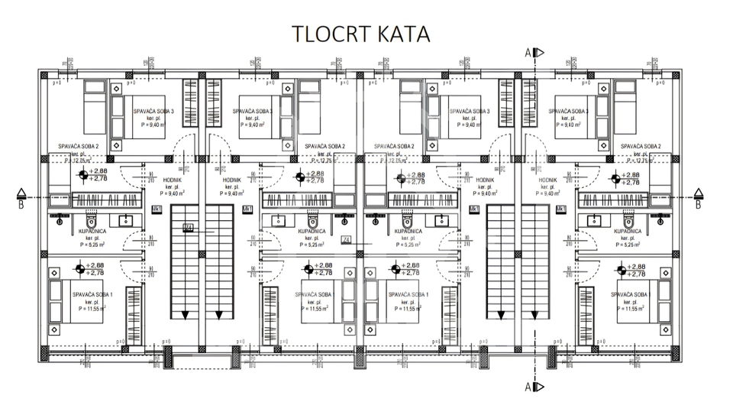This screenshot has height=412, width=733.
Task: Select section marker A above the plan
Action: coord(533,52)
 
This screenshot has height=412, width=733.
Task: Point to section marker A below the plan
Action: coord(533,387)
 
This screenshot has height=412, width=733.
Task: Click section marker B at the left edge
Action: coord(22,198)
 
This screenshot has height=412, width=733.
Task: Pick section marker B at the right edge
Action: coord(697,198)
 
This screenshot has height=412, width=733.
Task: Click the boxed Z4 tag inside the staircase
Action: coord(189,227)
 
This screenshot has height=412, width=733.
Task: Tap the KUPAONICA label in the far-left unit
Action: coord(92,230)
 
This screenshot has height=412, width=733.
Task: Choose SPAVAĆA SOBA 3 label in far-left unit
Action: coord(153,112)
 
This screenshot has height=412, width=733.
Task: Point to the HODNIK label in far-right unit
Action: coord(547,180)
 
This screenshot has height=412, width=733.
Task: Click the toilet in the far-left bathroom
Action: coord(59,221)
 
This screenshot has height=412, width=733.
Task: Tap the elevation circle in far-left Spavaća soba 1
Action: coord(79,269)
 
